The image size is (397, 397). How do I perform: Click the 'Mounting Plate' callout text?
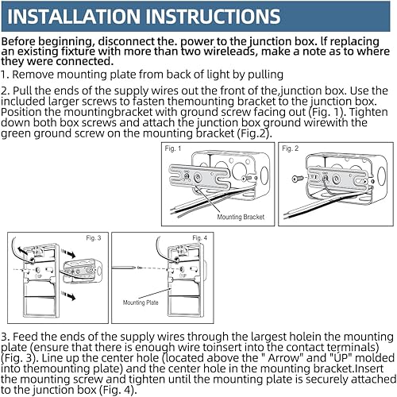pos(140,303)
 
